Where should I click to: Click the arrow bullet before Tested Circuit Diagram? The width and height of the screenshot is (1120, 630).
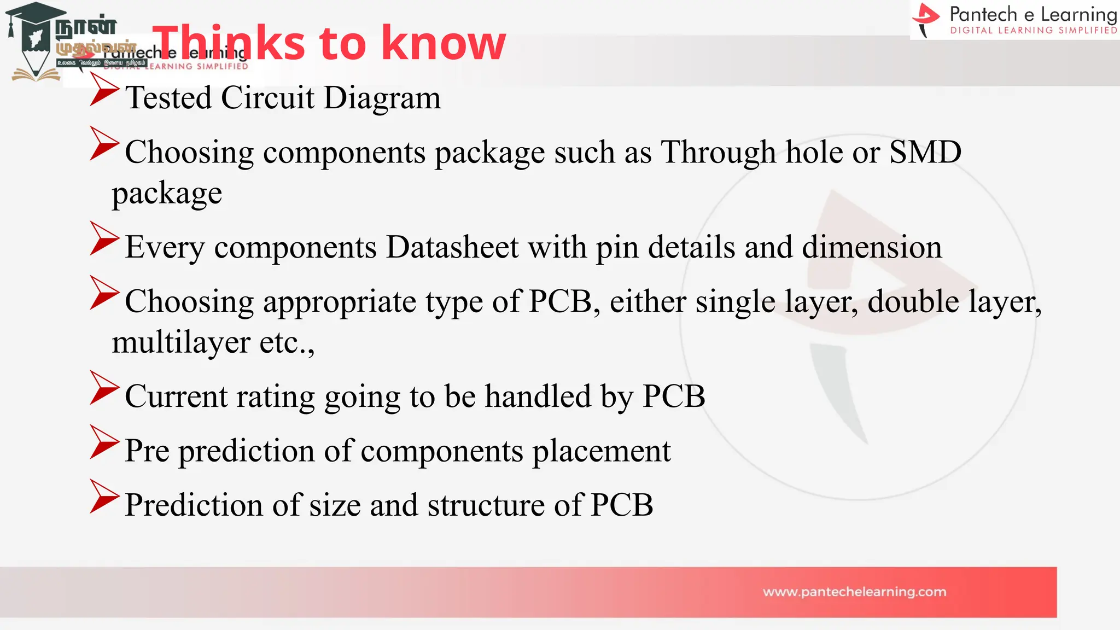coord(104,90)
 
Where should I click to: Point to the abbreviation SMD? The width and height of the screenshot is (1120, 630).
coord(925,152)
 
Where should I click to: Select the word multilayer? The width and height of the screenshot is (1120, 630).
coord(181,343)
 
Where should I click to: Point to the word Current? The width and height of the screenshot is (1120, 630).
coord(176,396)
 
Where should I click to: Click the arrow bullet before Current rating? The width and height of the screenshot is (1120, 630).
coord(104,388)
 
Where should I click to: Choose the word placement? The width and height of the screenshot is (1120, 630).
coord(602,451)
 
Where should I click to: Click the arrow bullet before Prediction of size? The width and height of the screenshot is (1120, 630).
coord(104,497)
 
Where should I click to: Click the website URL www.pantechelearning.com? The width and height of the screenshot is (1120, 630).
coord(854,592)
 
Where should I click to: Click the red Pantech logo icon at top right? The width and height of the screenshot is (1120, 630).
coord(926,19)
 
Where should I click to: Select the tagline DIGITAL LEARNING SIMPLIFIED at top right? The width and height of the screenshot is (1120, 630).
coord(1033,31)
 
